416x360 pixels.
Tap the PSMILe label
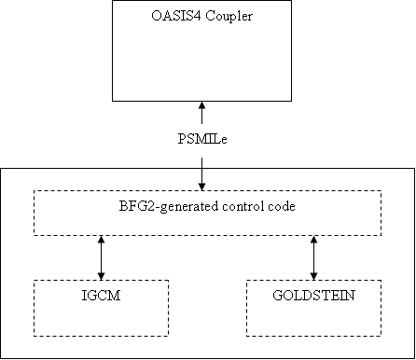pos(201,140)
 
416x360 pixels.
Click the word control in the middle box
pos(243,206)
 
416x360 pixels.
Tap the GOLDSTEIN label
pos(312,295)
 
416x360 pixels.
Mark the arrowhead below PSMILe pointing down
pos(201,185)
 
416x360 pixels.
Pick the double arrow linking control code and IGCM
pos(101,257)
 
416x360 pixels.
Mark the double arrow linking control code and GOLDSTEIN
pos(313,257)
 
